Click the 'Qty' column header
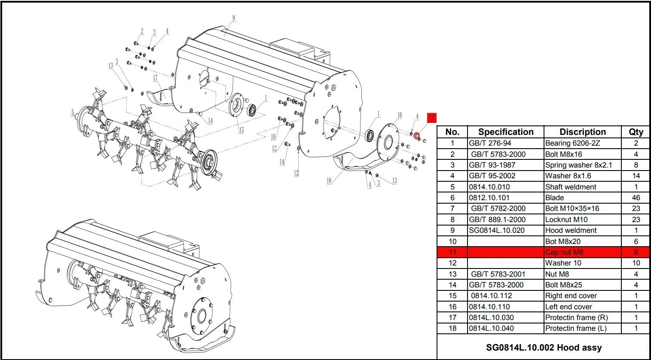point(636,132)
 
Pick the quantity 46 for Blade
point(636,198)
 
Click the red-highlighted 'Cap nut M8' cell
point(564,252)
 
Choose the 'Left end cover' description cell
point(568,307)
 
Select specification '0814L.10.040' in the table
point(491,328)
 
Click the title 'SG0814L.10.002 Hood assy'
point(544,347)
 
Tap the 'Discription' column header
point(582,132)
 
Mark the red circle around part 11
point(416,136)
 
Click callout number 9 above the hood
point(233,18)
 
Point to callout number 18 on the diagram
point(329,181)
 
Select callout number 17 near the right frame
point(156,78)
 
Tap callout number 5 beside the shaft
point(73,113)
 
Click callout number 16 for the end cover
point(400,115)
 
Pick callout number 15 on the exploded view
point(241,131)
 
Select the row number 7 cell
point(452,208)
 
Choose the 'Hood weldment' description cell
point(571,230)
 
